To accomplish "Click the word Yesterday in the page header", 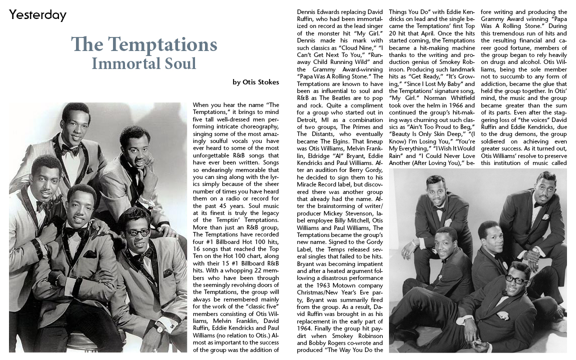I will coord(37,15).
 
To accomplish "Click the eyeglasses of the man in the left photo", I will coord(137,232).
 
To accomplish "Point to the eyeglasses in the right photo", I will coord(516,279).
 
